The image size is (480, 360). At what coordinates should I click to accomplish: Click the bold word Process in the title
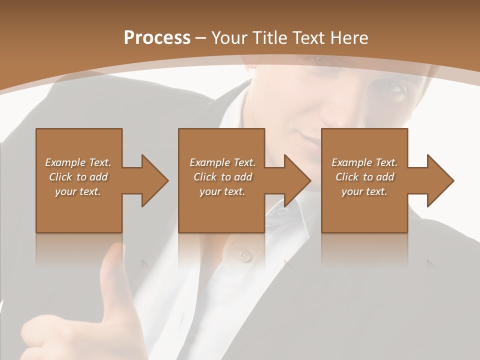[157, 38]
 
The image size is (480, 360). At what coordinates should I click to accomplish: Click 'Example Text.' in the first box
[78, 162]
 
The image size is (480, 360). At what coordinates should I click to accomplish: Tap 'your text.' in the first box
[78, 191]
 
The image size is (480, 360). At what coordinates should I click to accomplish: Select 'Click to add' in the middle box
[222, 177]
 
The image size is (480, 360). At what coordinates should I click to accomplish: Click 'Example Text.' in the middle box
[222, 162]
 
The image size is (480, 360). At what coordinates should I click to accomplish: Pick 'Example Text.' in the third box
[364, 162]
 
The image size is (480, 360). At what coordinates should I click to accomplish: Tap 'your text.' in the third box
[364, 191]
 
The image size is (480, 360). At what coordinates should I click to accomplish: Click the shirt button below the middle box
[244, 256]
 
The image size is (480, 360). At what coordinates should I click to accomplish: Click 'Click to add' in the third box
[364, 177]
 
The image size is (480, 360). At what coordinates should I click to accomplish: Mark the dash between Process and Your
[201, 39]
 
